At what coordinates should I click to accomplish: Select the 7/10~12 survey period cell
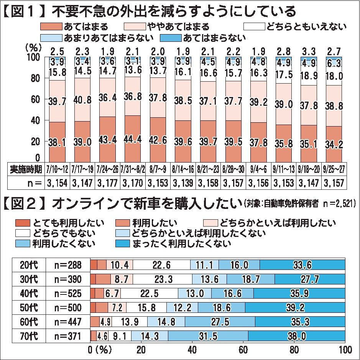pos(57,168)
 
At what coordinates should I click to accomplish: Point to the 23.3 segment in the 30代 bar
pos(162,279)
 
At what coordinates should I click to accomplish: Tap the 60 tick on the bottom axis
pos(243,350)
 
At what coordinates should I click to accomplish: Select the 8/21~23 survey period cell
pos(207,168)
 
